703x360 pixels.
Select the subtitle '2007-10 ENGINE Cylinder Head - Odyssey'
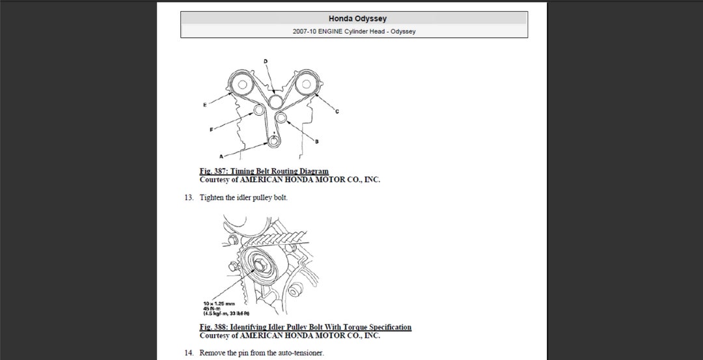pyautogui.click(x=354, y=31)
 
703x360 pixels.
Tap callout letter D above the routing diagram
pyautogui.click(x=265, y=61)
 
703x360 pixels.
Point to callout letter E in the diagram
pyautogui.click(x=205, y=104)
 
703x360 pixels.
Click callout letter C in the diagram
pyautogui.click(x=337, y=111)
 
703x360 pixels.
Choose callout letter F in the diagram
pyautogui.click(x=211, y=130)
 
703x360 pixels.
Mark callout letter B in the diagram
pyautogui.click(x=316, y=141)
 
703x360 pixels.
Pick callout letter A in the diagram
pyautogui.click(x=221, y=157)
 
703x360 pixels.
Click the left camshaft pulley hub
pyautogui.click(x=241, y=84)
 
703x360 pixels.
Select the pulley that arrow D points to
pyautogui.click(x=275, y=100)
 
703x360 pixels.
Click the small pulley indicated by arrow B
pyautogui.click(x=282, y=118)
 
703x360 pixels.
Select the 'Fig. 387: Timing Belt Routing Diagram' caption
pyautogui.click(x=264, y=171)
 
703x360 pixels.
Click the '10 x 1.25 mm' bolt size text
pyautogui.click(x=219, y=303)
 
